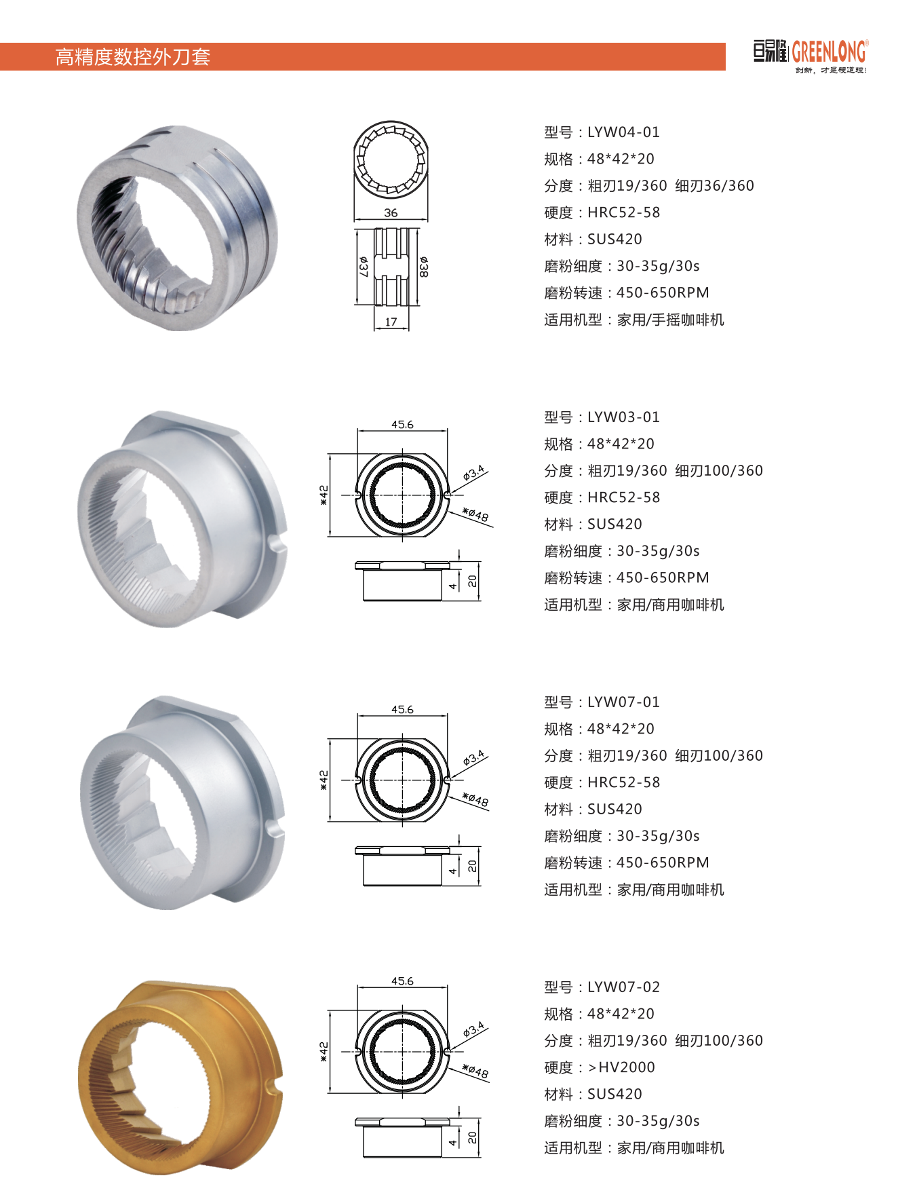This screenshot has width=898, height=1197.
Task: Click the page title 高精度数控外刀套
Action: point(133,57)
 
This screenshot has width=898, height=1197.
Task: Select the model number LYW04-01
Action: point(623,132)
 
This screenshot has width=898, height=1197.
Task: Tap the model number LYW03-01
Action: point(623,417)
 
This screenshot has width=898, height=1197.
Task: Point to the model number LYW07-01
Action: point(623,702)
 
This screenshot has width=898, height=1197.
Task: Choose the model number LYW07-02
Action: point(623,987)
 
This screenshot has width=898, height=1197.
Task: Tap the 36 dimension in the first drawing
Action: point(391,213)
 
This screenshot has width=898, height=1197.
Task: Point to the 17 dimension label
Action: point(391,322)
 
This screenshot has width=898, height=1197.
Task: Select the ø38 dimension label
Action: point(423,267)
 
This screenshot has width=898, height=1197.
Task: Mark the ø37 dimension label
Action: point(364,267)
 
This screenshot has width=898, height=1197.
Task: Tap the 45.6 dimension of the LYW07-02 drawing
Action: point(402,981)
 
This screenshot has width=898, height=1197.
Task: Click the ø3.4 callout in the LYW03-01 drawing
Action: point(473,473)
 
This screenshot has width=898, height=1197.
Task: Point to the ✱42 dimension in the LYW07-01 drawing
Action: point(324,780)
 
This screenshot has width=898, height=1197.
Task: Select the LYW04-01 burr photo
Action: point(178,228)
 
